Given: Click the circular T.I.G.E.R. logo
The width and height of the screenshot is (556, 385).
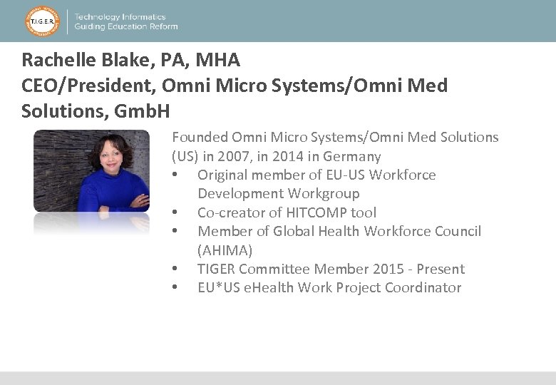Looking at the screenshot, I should click(x=42, y=21).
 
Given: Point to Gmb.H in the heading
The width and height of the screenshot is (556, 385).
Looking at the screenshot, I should click(x=143, y=111).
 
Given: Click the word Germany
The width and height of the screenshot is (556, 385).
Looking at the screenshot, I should click(x=351, y=156).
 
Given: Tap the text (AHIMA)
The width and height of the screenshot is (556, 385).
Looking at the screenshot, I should click(x=225, y=250).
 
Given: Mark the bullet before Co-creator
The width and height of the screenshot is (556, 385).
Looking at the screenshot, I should click(x=175, y=212).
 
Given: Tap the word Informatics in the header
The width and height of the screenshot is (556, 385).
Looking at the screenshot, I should click(x=140, y=16).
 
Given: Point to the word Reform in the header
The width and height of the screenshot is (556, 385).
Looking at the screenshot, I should click(x=162, y=26).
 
